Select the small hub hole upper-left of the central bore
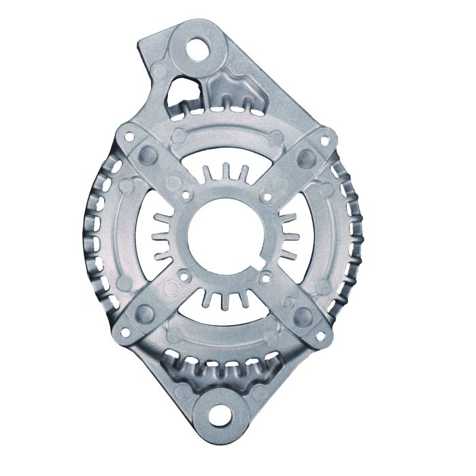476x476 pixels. pos(185,197)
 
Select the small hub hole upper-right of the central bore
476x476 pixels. pos(265,198)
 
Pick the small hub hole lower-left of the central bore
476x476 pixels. pos(184,277)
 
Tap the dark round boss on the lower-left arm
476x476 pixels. pos(145,313)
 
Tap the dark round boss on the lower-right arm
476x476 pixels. pos(302,315)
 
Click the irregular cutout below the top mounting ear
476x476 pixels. pos(182,89)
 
